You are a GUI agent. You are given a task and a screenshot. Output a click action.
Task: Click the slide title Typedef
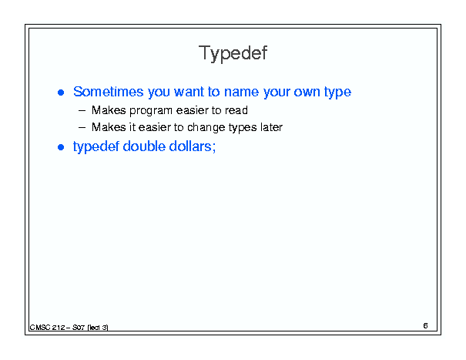tap(233, 53)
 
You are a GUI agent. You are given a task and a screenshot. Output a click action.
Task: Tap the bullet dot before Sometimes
tap(61, 93)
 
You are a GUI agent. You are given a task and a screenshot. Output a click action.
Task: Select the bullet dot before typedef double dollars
tap(61, 147)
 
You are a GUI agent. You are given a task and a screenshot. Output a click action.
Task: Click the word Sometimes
tap(108, 92)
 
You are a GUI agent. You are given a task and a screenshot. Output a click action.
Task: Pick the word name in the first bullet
tap(241, 93)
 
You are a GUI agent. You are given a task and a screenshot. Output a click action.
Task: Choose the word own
tap(307, 93)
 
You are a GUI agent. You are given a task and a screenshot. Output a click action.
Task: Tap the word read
tap(236, 110)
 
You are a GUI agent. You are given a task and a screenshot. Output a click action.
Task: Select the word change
tap(206, 128)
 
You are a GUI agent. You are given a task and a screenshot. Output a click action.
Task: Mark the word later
tap(271, 127)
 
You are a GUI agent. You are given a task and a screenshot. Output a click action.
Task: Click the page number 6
tap(425, 326)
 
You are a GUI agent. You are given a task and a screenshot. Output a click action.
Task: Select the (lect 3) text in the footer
tap(98, 328)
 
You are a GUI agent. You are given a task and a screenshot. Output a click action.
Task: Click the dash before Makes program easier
tap(82, 111)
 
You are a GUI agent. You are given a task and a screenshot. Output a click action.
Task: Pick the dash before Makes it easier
tap(82, 128)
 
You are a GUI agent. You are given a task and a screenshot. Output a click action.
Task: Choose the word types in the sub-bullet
tap(243, 128)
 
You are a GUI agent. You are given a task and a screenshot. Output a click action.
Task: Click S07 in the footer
tap(79, 328)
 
